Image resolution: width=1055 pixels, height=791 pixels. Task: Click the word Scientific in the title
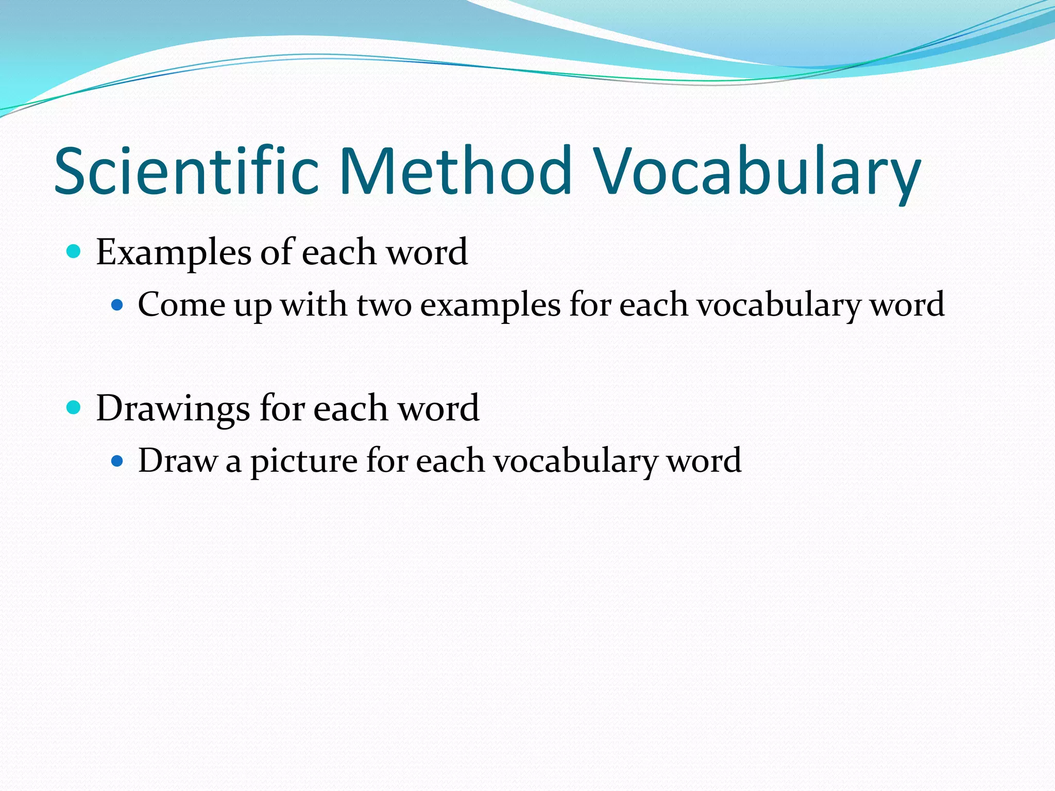click(x=186, y=171)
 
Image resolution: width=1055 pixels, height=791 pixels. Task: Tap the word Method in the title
click(x=455, y=171)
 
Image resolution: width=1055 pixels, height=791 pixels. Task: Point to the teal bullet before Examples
click(x=74, y=252)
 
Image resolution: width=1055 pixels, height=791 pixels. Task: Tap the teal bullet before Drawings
click(x=74, y=408)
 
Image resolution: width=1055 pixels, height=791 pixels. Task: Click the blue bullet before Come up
click(x=117, y=305)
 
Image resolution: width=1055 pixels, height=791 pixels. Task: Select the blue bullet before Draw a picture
click(x=117, y=460)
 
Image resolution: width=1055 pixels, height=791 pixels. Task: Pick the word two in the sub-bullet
click(x=384, y=305)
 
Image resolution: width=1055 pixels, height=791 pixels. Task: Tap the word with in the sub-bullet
click(x=314, y=305)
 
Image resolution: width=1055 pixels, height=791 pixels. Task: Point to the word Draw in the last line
click(x=178, y=460)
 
